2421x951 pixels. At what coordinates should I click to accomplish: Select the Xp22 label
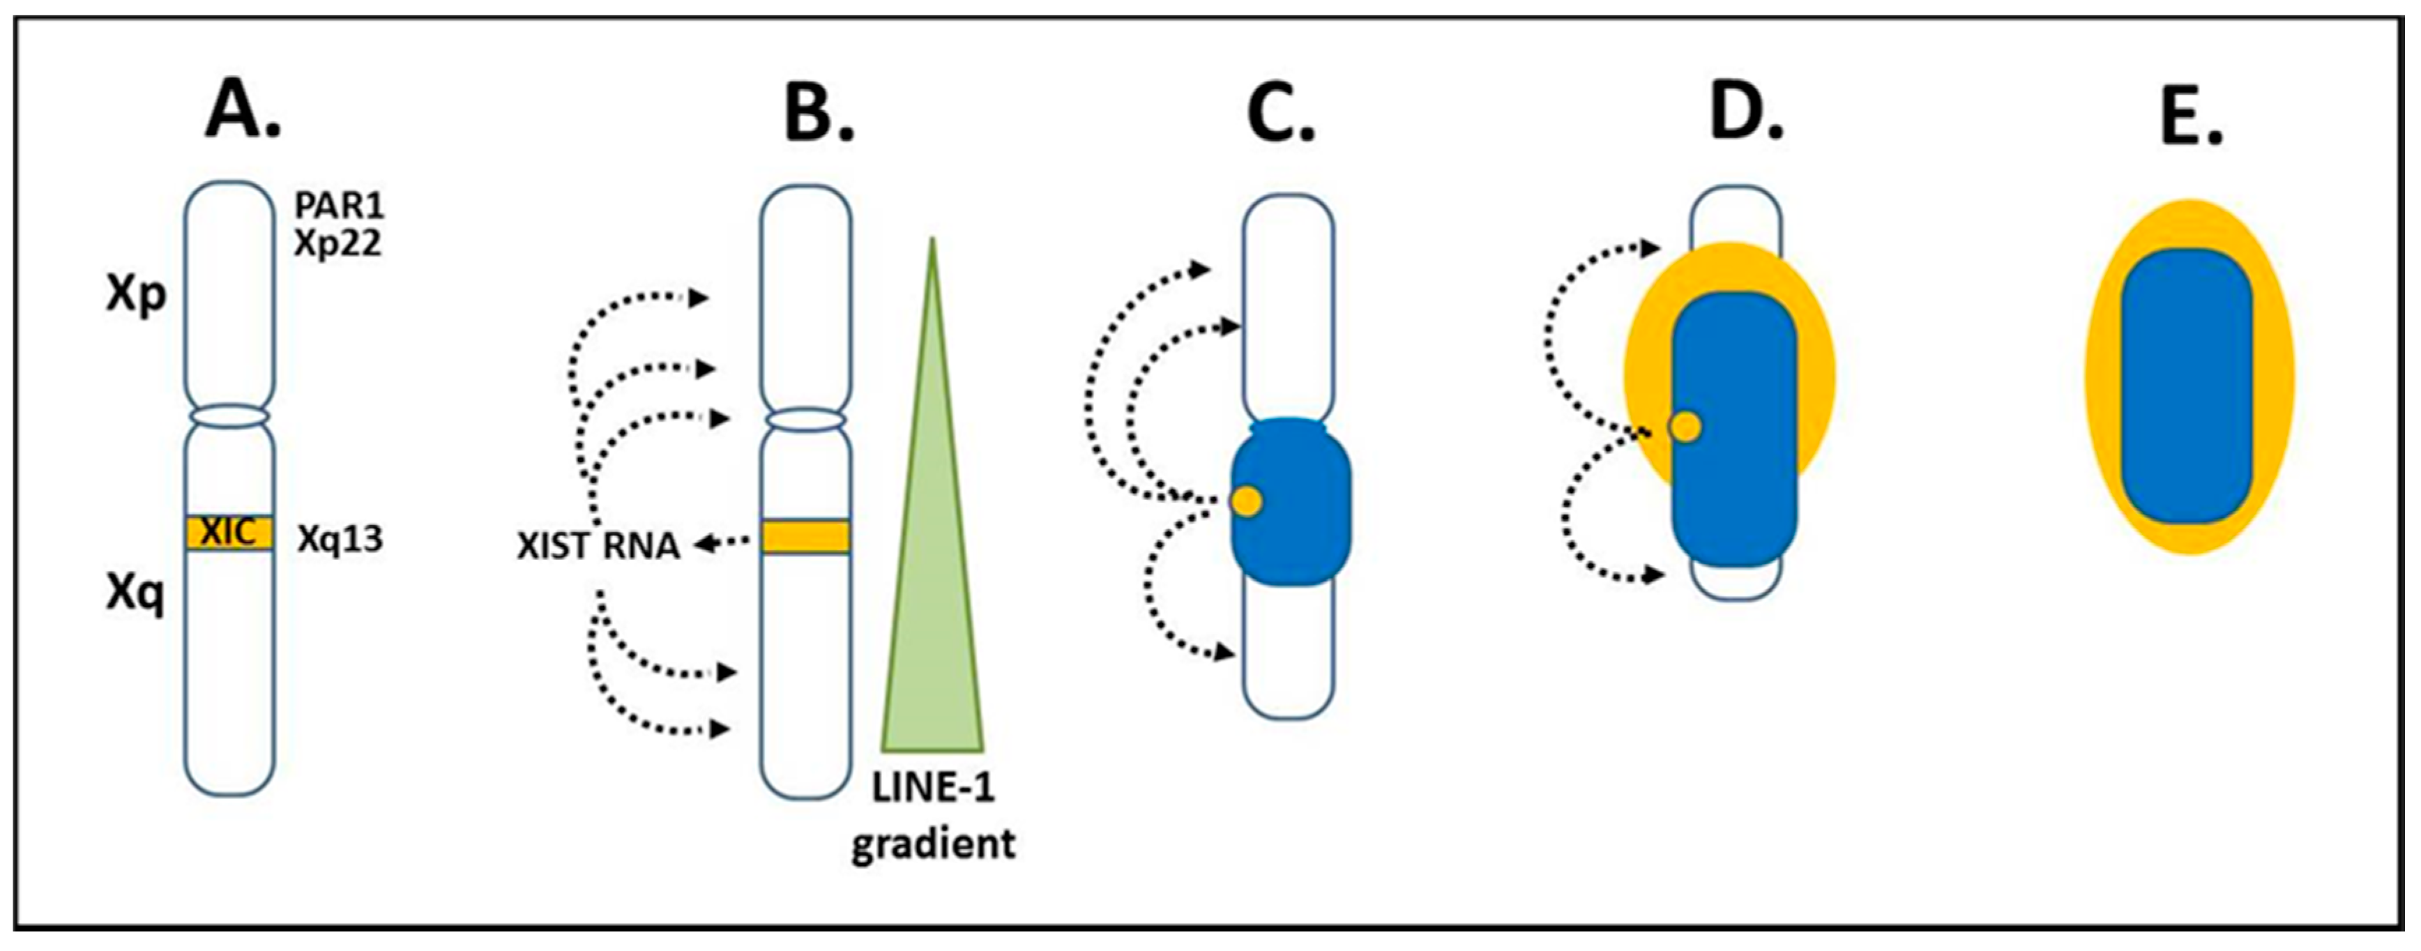pyautogui.click(x=337, y=243)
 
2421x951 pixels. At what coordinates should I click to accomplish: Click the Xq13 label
pyautogui.click(x=340, y=540)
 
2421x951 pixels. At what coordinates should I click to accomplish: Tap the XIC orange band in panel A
pyautogui.click(x=229, y=533)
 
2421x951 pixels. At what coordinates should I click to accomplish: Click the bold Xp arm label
pyautogui.click(x=136, y=295)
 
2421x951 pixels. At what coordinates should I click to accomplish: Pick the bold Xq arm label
pyautogui.click(x=135, y=594)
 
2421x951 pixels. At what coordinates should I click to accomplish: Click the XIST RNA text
pyautogui.click(x=598, y=546)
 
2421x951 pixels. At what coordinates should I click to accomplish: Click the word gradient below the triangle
pyautogui.click(x=933, y=843)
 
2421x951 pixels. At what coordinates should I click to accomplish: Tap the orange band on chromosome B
pyautogui.click(x=805, y=537)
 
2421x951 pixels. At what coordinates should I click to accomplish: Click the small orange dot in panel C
pyautogui.click(x=1246, y=501)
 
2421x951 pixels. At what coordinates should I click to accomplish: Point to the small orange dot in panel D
pyautogui.click(x=1684, y=427)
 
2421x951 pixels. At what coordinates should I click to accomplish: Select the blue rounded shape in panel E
pyautogui.click(x=2186, y=386)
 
